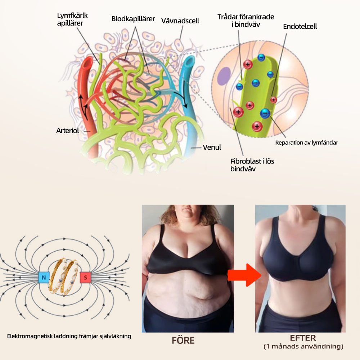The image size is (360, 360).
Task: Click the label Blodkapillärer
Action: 133,19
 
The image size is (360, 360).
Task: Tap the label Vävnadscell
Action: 180,21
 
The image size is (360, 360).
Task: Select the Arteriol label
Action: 67,131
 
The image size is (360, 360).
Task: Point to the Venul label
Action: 212,147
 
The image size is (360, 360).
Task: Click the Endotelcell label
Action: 300,27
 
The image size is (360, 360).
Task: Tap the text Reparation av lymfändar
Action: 306,143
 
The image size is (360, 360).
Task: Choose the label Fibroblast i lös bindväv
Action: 252,165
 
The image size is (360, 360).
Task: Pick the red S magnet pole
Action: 85,278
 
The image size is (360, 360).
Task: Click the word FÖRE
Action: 183,340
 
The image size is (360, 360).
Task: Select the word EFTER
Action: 303,338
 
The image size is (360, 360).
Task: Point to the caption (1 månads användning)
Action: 303,347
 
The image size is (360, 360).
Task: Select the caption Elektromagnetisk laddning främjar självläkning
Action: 69,336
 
